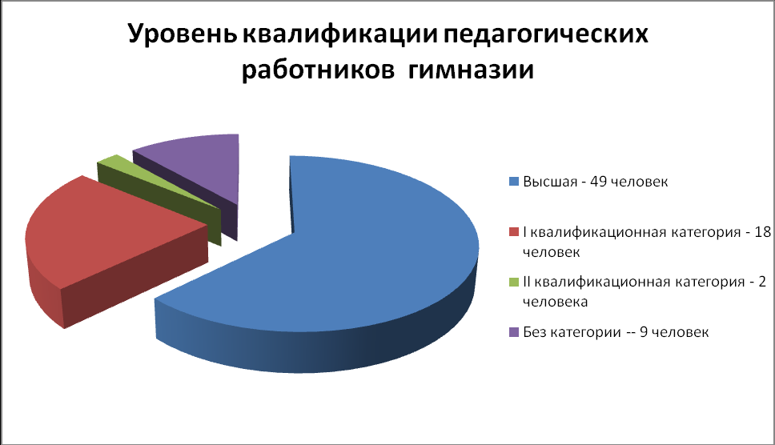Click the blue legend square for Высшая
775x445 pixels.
[x=514, y=182]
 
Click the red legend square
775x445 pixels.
[x=514, y=231]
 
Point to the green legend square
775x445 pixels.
[x=514, y=282]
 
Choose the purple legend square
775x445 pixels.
[x=514, y=332]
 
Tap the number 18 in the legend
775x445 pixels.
[x=763, y=231]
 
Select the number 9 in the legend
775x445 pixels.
[x=644, y=331]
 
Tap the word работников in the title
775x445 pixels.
[x=318, y=70]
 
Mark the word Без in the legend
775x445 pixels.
[x=534, y=331]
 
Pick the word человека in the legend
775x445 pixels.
[x=556, y=302]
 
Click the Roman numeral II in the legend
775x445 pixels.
[x=527, y=282]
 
